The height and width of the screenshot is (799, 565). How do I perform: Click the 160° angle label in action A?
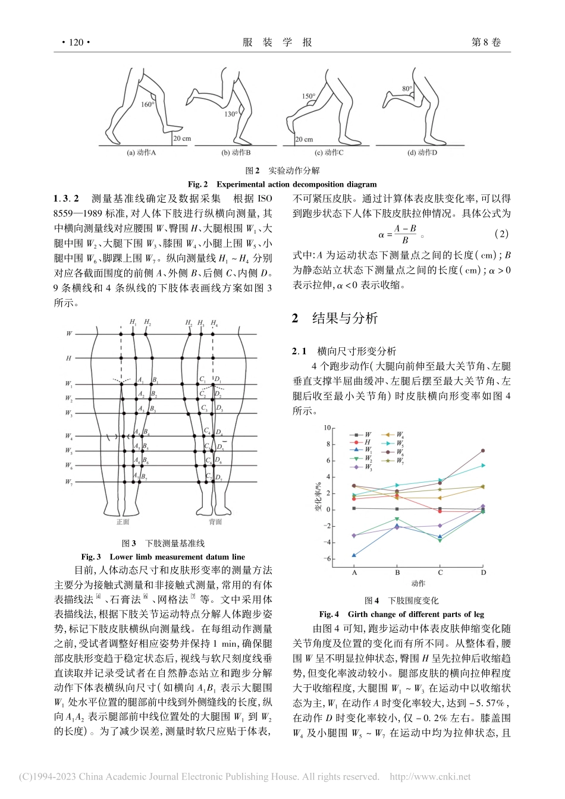147,105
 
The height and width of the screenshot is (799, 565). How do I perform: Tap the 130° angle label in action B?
231,114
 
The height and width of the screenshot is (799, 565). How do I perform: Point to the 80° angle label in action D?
407,89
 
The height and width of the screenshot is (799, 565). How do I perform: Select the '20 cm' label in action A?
182,139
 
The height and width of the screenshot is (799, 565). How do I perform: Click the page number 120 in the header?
76,42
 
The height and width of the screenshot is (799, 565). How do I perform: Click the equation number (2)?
502,234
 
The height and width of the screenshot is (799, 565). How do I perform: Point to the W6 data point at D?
483,451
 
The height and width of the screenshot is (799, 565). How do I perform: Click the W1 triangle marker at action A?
354,555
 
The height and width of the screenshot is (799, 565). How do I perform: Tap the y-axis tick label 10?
326,428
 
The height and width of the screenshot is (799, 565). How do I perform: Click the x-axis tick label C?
440,572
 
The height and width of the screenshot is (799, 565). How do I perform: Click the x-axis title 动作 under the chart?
418,583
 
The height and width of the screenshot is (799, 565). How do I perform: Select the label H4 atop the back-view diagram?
214,323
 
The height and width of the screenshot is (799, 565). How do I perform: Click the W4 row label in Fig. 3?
69,436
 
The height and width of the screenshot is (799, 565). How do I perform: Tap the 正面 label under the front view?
123,522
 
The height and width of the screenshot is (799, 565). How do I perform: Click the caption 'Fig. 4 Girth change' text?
401,614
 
